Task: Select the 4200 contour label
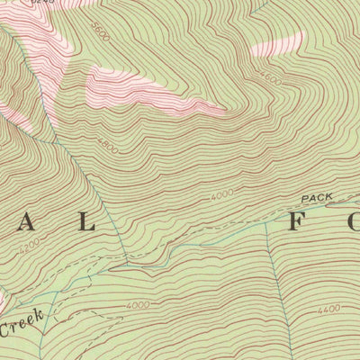[x=29, y=244]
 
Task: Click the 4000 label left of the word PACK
[x=221, y=194]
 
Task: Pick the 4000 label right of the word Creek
[x=138, y=306]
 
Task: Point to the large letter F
[x=296, y=222]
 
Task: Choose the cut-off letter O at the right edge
[x=354, y=222]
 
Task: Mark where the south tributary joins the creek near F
[x=268, y=224]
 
